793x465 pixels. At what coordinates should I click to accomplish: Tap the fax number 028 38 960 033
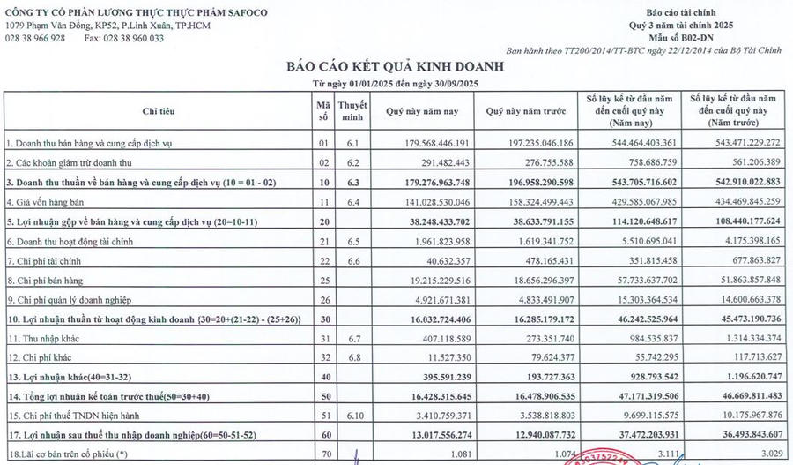(x=124, y=39)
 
